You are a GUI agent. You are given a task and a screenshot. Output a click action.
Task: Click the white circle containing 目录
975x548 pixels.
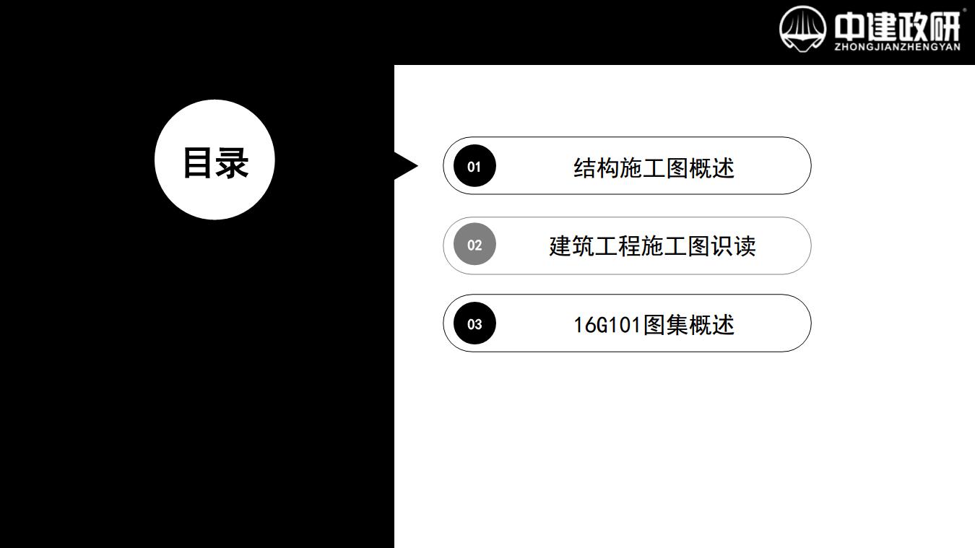(x=214, y=160)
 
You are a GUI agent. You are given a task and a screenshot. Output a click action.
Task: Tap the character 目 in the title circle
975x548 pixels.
(x=198, y=162)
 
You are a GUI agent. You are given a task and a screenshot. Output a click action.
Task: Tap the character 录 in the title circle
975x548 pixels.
(x=233, y=162)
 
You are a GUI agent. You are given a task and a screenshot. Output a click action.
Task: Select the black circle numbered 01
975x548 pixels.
(x=474, y=166)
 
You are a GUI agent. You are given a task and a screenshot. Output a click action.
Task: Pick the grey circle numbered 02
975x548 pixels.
(x=474, y=244)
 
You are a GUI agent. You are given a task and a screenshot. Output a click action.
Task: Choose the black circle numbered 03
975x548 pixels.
(x=474, y=323)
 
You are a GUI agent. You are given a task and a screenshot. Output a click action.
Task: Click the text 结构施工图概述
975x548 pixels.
(x=654, y=168)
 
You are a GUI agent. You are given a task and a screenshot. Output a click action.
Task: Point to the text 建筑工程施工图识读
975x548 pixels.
(x=652, y=246)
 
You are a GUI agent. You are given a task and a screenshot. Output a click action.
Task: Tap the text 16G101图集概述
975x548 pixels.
(x=654, y=325)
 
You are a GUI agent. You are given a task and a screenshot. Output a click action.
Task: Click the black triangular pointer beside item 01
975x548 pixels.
(x=404, y=166)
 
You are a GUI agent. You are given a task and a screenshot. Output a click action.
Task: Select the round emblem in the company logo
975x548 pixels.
(x=802, y=29)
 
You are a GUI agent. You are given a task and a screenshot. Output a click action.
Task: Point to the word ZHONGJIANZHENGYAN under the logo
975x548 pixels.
(x=898, y=47)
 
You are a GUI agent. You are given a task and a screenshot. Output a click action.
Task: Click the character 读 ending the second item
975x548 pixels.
(x=745, y=246)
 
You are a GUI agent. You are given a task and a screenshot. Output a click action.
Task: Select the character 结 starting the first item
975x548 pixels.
(x=584, y=168)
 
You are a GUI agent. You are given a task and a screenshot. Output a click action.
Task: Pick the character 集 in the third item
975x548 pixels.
(x=677, y=325)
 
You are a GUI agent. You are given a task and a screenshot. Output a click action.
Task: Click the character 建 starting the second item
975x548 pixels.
(x=560, y=246)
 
